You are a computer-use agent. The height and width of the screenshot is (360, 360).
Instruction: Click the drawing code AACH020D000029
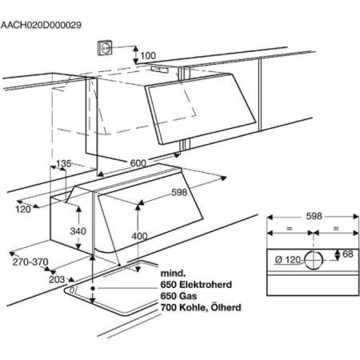point(41,25)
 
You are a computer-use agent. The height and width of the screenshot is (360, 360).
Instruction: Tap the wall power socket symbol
point(105,48)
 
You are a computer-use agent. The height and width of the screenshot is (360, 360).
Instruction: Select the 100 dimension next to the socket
point(148,56)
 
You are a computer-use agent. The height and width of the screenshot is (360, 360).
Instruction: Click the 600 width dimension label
point(138,163)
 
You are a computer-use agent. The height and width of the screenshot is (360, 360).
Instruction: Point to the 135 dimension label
point(64,163)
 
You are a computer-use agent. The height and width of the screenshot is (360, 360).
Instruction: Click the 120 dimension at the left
point(23,210)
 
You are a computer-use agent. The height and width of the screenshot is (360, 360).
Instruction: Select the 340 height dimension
point(78,231)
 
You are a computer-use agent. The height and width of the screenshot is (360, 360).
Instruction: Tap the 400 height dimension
point(139,236)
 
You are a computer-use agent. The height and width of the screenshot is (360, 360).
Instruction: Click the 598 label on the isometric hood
point(179,192)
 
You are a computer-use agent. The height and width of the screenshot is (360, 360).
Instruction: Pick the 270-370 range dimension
point(30,262)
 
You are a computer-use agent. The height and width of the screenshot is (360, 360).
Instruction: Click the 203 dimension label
point(57,279)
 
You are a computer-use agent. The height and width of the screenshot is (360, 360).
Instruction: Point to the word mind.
point(173,273)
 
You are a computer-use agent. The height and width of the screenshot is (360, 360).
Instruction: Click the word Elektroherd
point(206,285)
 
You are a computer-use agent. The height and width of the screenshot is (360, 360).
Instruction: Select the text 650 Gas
point(178,296)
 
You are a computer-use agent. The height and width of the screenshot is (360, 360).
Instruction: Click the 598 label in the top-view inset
point(314,216)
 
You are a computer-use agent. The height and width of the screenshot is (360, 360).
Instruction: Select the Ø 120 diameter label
point(288,259)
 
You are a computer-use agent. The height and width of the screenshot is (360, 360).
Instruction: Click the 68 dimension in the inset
point(348,254)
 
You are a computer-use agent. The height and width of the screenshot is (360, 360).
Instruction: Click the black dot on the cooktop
point(93,288)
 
